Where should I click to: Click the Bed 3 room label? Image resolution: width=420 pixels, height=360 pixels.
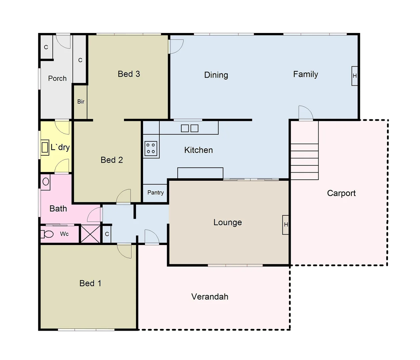tap(129, 74)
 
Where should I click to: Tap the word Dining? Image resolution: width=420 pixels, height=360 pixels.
tap(216, 75)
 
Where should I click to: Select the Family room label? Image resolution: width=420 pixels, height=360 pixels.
tap(305, 74)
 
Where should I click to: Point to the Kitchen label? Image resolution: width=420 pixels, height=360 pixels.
tap(198, 150)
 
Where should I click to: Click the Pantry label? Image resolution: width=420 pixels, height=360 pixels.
tap(155, 193)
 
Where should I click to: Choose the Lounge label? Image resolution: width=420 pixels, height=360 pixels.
tap(228, 222)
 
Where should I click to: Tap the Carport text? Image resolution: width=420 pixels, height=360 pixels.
tap(341, 193)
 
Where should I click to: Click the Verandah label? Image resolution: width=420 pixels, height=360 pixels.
tap(210, 297)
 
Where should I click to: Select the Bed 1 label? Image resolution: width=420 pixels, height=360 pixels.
tap(90, 283)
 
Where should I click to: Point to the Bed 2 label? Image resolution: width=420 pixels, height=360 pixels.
tap(112, 160)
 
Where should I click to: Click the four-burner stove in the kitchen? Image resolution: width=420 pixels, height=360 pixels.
tap(151, 148)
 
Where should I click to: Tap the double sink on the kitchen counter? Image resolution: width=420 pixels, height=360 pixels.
tap(190, 128)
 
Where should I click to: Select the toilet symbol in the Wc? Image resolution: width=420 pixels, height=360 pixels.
tap(47, 234)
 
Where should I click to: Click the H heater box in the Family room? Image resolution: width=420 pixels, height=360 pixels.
tap(355, 76)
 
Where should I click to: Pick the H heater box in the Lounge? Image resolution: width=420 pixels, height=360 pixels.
tap(286, 225)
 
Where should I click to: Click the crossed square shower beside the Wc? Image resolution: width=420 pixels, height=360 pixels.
tap(90, 234)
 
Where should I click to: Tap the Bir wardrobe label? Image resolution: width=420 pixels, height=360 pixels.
tap(81, 102)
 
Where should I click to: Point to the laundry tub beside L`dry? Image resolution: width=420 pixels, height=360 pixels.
tap(45, 147)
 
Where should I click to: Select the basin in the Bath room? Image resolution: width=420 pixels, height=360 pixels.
tap(46, 182)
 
